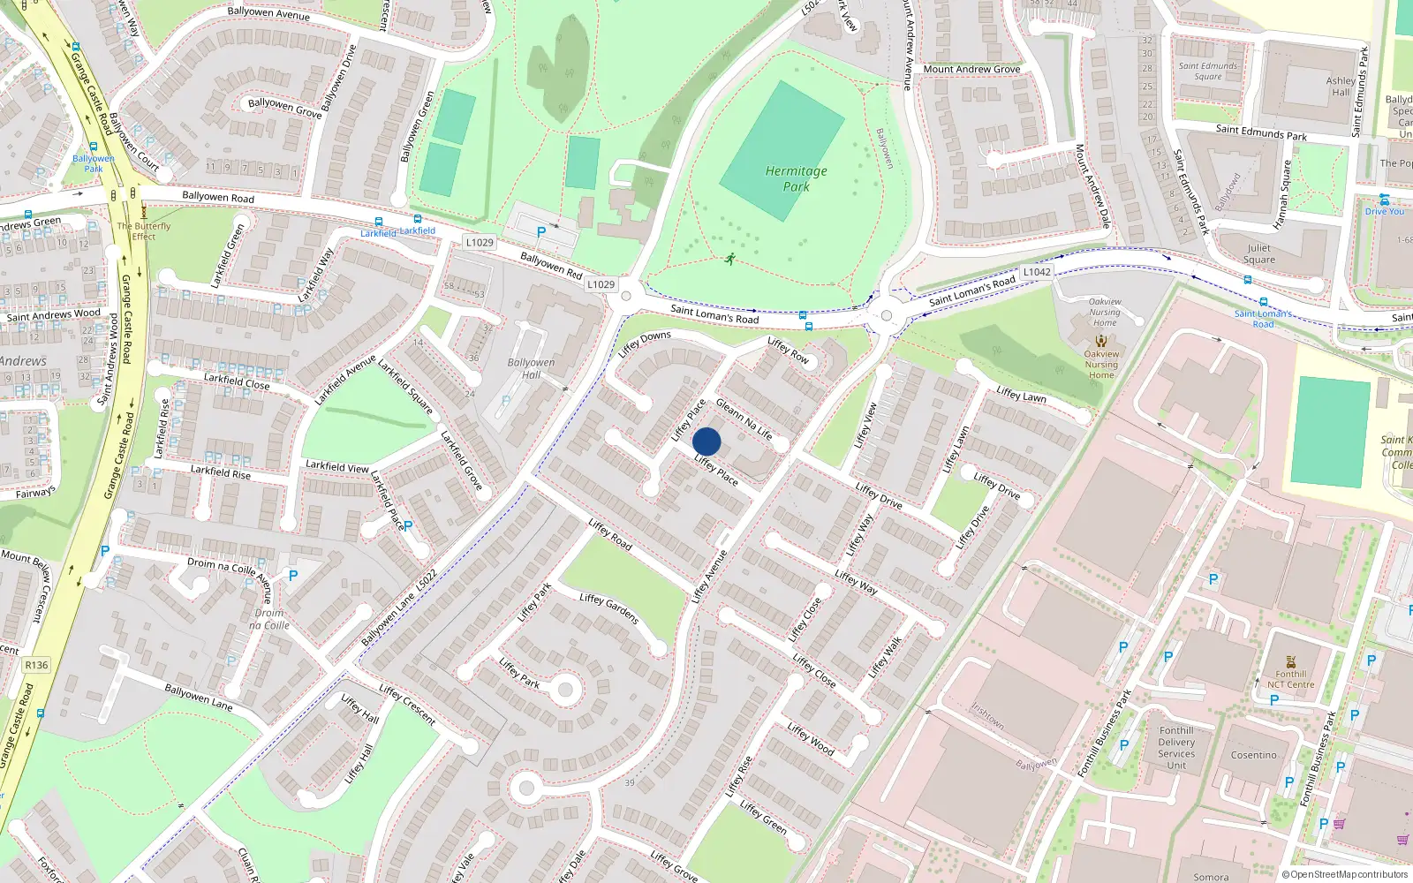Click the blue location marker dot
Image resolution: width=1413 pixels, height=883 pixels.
tap(706, 441)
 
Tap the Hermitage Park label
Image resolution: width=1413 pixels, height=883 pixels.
tap(796, 178)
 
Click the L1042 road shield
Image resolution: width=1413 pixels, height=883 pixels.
tap(1037, 272)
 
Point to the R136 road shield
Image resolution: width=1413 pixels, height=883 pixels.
tap(36, 665)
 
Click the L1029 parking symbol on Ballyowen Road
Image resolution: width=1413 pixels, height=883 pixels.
tap(540, 232)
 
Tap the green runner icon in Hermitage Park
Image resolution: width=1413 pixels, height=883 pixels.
tap(729, 259)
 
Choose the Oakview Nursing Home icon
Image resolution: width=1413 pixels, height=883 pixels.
tap(1101, 341)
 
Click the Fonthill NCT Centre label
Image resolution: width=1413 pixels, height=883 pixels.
tap(1290, 679)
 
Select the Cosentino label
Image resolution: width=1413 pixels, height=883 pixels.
tap(1253, 755)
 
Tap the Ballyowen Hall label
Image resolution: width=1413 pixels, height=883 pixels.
tap(531, 368)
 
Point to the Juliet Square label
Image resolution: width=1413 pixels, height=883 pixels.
tap(1259, 253)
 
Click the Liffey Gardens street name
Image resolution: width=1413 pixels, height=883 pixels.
tap(608, 608)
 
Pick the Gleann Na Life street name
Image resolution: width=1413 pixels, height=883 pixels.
tap(744, 419)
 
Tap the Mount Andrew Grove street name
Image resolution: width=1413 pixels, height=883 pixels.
tap(971, 69)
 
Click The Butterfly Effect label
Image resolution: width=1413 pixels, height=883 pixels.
tap(144, 231)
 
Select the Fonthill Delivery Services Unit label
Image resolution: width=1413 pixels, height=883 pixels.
tap(1176, 747)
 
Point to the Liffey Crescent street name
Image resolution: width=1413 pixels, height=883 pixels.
tap(407, 704)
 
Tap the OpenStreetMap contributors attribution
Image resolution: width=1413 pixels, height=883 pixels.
tap(1345, 874)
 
